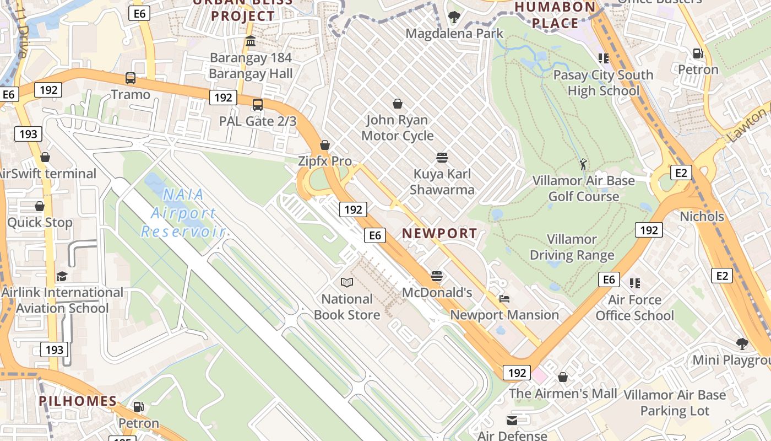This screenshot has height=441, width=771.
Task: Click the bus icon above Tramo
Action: coord(131,78)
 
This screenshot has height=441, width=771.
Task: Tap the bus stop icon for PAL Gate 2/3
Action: coord(257,104)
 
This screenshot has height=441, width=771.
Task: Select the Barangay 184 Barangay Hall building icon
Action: coord(251,41)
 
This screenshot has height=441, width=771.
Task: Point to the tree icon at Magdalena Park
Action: coord(454,17)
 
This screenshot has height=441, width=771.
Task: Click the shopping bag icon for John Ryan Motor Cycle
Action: coord(398,104)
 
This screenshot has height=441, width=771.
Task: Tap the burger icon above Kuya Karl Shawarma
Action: coord(442,158)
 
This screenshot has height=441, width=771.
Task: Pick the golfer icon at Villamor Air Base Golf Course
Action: coord(583,164)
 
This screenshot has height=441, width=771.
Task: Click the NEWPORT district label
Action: coord(439,233)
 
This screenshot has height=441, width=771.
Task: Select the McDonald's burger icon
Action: coord(437,276)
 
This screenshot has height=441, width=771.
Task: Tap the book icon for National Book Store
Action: coord(347,283)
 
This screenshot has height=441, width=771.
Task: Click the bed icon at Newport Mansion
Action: coord(504,299)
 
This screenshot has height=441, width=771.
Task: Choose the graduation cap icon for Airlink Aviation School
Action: coord(62,276)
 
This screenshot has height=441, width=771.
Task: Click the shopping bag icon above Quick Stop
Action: coord(40,206)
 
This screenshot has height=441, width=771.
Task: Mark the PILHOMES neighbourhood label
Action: coord(78,401)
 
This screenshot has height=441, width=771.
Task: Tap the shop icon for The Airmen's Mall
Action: coord(563,377)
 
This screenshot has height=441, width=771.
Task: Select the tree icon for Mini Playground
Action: coord(742,344)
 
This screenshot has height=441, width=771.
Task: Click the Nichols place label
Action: coord(702,216)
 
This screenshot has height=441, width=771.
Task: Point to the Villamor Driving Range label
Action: coord(572,247)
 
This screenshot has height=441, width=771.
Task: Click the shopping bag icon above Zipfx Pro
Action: coord(325,145)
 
